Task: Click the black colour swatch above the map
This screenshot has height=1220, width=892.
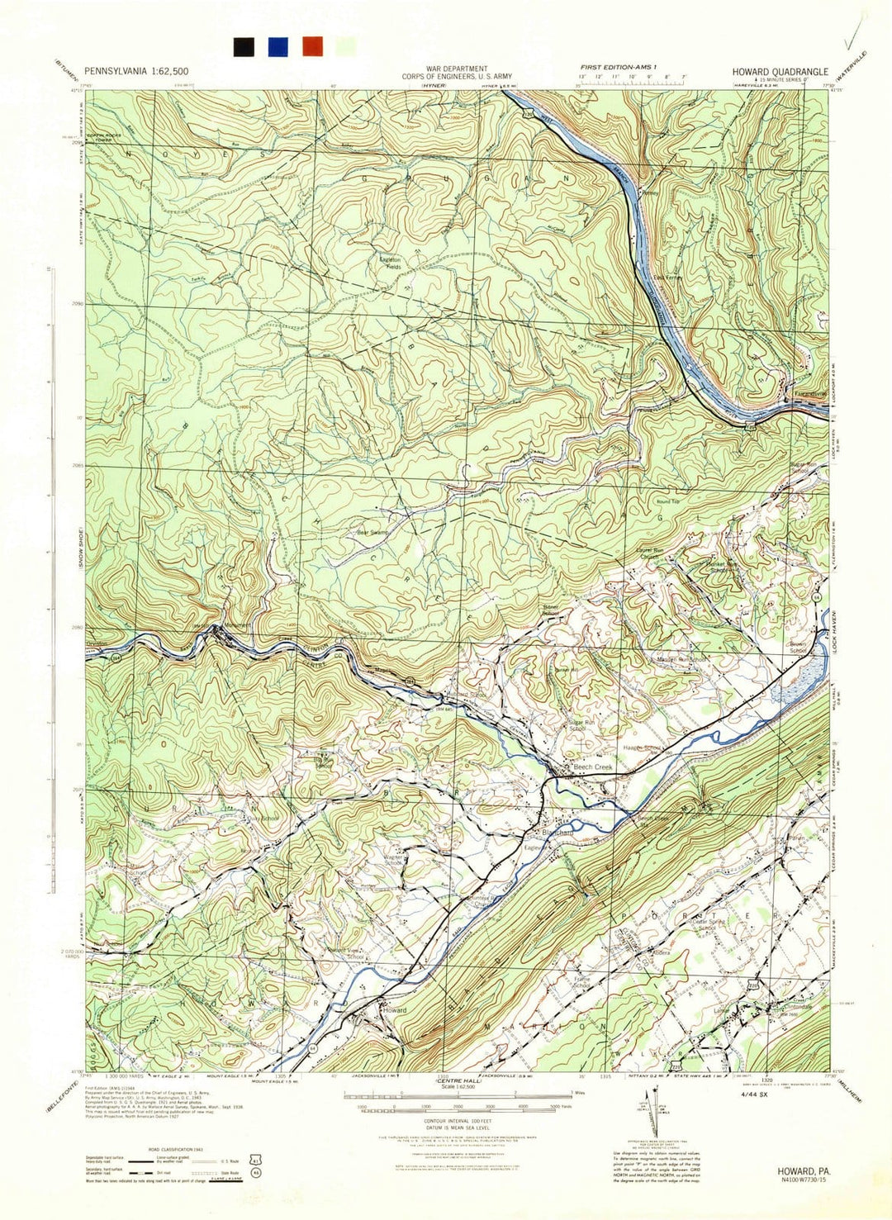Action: (x=243, y=46)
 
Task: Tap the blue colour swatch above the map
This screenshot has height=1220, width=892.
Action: (x=278, y=46)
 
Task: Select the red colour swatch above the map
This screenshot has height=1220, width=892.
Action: (x=312, y=46)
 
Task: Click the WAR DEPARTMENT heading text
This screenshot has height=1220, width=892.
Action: (x=457, y=69)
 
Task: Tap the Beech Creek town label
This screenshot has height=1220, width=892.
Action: (x=594, y=768)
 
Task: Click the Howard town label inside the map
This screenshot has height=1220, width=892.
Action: (x=395, y=1010)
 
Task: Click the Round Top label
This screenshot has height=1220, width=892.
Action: (x=667, y=502)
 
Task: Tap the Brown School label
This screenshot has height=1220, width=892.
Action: (x=798, y=647)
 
